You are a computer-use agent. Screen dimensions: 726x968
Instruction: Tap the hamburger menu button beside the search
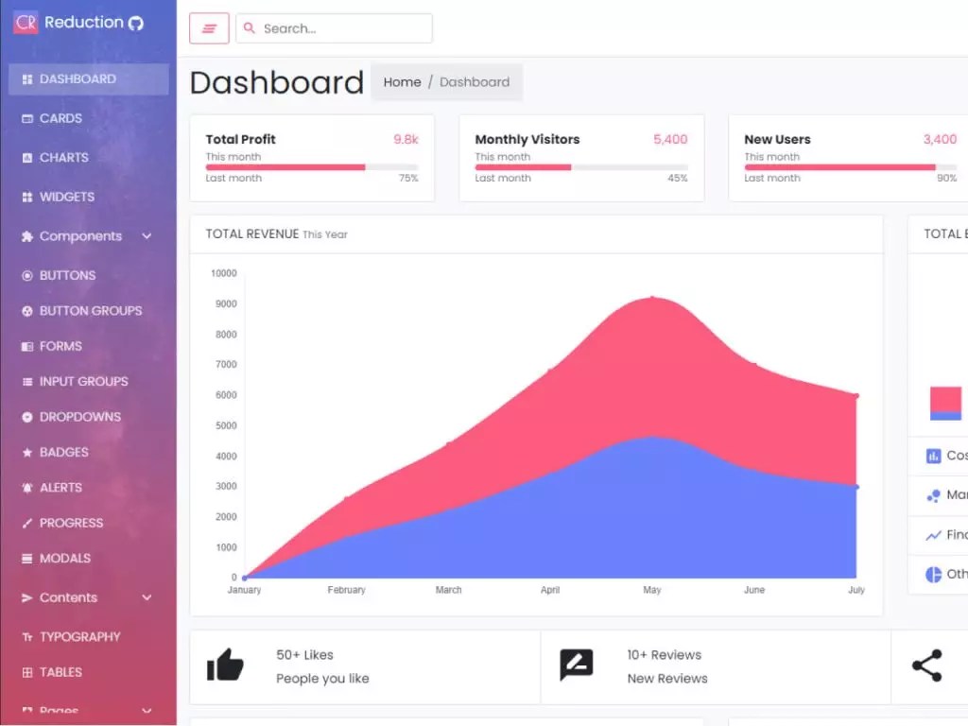[209, 28]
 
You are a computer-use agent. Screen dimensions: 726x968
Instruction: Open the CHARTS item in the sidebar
[63, 158]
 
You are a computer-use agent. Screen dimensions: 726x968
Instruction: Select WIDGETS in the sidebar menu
[66, 197]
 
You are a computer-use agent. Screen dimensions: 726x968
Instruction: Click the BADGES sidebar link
[63, 452]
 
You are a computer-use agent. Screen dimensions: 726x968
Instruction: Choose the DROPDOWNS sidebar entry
[79, 417]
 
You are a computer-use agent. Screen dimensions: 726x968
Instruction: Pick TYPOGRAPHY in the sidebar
[79, 637]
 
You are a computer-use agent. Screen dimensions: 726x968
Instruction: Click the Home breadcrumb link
[402, 82]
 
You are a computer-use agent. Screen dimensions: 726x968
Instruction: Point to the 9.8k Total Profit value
[406, 139]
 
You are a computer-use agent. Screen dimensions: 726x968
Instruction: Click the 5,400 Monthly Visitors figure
[670, 139]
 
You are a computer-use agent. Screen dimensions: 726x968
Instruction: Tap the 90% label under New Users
[946, 178]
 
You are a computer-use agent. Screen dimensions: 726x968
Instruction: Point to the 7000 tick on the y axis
[225, 364]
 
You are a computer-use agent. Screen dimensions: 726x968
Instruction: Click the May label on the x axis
[652, 590]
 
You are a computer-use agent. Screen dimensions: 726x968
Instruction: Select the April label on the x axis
[550, 590]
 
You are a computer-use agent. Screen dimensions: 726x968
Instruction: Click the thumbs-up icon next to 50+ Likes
[225, 665]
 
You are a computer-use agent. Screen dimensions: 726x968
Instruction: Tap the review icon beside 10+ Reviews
[576, 665]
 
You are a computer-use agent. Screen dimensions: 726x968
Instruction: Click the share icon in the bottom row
[926, 665]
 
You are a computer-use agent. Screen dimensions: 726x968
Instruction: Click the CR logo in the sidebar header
[26, 22]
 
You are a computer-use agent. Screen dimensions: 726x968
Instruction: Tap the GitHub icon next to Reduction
[136, 23]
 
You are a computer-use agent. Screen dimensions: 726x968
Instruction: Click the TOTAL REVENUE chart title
[251, 233]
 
